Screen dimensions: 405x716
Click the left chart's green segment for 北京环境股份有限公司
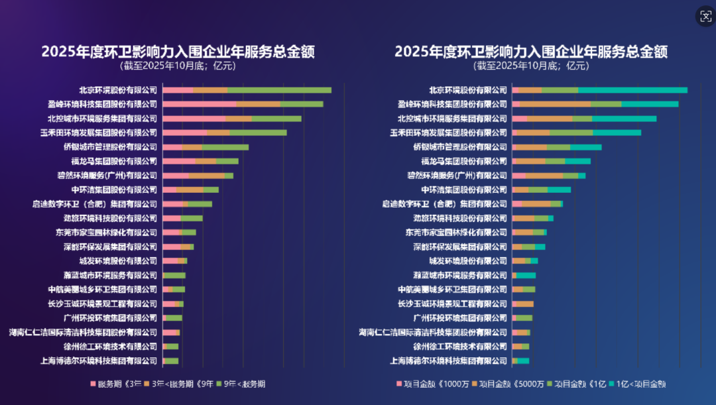[x=279, y=90]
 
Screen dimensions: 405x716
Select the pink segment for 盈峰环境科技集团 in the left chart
[x=199, y=104]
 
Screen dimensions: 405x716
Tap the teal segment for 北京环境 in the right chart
[x=632, y=90]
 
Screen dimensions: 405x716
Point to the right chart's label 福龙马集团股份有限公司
[x=464, y=161]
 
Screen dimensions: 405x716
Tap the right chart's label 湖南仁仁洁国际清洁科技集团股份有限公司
[x=433, y=332]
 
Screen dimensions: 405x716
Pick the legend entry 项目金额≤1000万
[x=432, y=384]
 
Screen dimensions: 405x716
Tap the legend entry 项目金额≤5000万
[x=507, y=384]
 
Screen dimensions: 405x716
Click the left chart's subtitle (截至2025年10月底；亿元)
[x=178, y=66]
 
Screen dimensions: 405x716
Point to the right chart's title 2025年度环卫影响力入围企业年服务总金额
[x=530, y=51]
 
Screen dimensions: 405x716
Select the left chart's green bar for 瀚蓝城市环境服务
[x=174, y=275]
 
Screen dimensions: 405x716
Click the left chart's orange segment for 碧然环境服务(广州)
[x=207, y=176]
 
